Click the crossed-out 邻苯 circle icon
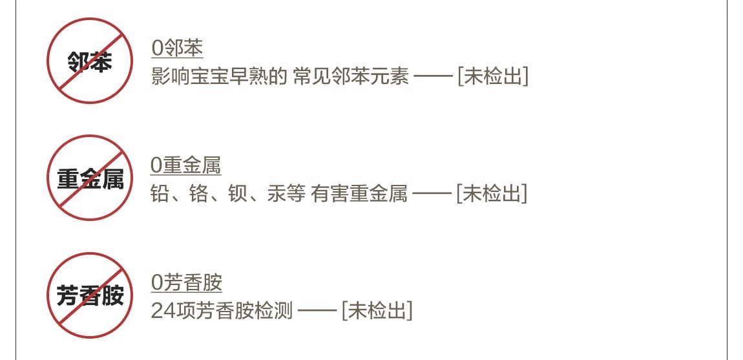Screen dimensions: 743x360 coord(89,61)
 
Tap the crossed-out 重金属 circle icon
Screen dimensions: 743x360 coord(89,178)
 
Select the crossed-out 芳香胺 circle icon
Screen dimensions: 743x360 coord(89,295)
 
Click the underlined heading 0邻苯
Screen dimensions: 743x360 coord(177,48)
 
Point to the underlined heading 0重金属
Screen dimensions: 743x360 coord(185,165)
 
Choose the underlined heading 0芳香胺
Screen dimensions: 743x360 coord(186,282)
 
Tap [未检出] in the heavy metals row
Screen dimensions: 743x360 coord(492,194)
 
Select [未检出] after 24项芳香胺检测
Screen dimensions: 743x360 coord(377,311)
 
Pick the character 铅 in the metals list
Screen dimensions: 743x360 coord(160,194)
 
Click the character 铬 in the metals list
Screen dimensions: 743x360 coord(199,194)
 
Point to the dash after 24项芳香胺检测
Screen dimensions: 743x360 coord(317,312)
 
